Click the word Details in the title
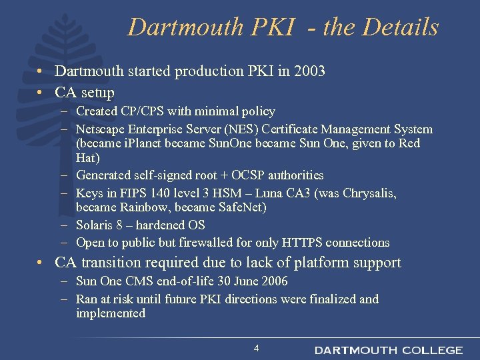pos(400,27)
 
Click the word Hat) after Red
pos(88,158)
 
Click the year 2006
pos(274,281)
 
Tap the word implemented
pos(111,313)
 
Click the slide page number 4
pos(256,349)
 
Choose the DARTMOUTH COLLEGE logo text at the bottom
pos(389,350)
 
